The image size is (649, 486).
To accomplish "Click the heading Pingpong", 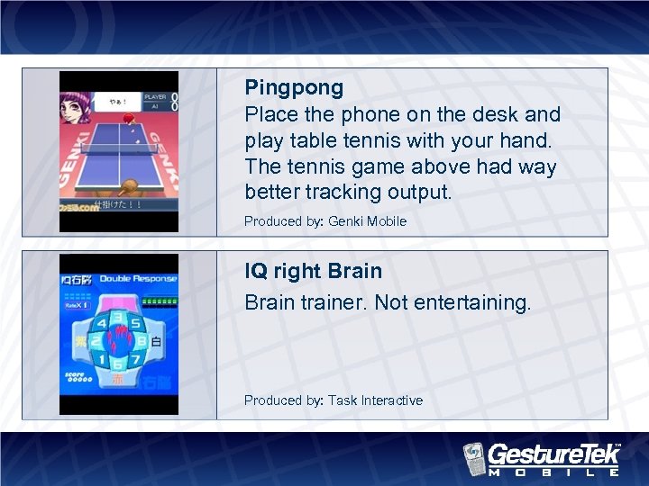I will point(294,88).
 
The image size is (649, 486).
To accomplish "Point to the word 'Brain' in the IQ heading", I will point(355,271).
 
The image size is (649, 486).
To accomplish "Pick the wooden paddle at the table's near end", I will point(128,186).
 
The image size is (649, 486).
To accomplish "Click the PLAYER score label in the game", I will point(155,96).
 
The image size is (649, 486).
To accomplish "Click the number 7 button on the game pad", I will point(135,361).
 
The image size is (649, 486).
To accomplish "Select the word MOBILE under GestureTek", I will point(553,471).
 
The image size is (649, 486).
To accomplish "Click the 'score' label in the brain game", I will point(75,373).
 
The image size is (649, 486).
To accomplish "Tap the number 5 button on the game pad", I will point(135,323).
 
